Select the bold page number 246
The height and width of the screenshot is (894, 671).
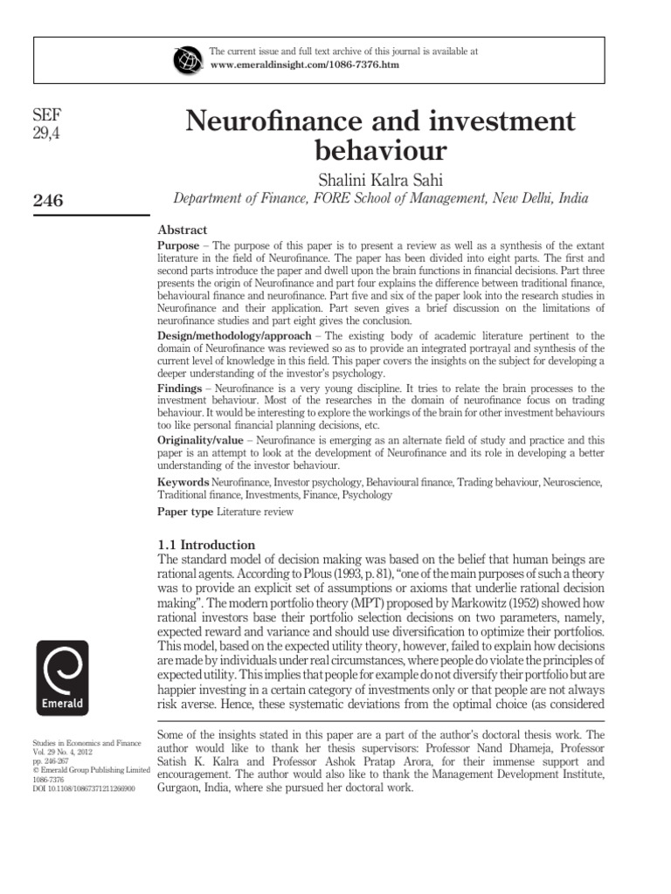(x=47, y=201)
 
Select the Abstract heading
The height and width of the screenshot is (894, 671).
(x=182, y=230)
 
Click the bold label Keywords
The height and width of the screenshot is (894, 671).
(x=183, y=482)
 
